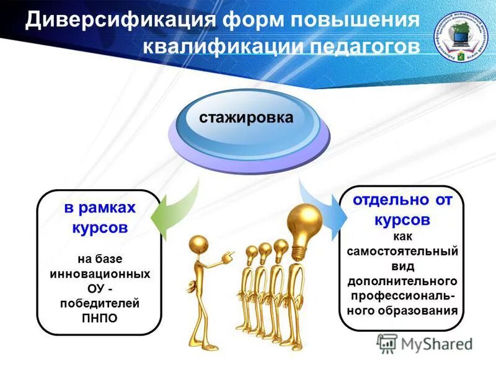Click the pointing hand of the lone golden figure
click(229, 254)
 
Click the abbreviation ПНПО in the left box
click(99, 318)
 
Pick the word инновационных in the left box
click(99, 273)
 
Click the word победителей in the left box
click(99, 303)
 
